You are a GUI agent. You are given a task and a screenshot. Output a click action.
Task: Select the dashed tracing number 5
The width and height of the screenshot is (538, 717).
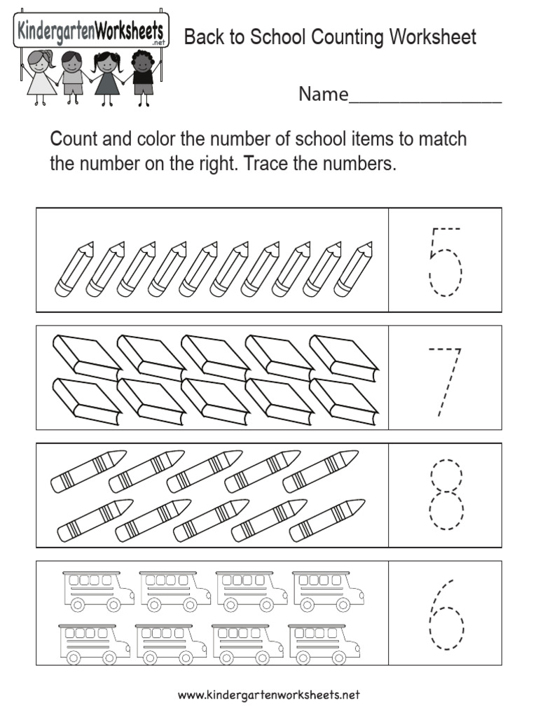point(445,261)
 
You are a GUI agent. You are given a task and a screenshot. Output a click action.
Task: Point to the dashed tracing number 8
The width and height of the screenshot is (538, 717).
point(446,494)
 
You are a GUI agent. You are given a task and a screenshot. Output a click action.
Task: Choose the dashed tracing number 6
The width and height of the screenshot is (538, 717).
point(446,615)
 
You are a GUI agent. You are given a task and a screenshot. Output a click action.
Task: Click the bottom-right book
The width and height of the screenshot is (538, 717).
point(344,401)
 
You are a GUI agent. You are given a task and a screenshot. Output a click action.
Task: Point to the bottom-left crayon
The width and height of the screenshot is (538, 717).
point(91,521)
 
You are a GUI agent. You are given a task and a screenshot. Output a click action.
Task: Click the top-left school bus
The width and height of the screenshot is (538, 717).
point(98,590)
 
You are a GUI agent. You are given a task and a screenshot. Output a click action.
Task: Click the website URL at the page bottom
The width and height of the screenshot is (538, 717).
point(269,695)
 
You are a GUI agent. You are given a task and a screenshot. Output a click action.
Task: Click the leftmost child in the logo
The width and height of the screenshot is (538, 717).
point(41,76)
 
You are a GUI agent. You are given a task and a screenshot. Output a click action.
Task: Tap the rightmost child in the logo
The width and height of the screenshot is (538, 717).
point(144,76)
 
